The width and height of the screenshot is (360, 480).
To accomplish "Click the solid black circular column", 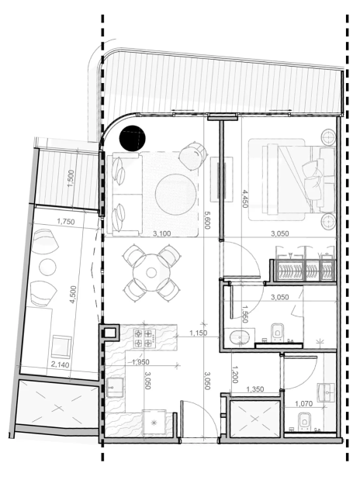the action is tap(133, 138).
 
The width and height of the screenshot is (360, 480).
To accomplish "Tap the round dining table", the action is tap(151, 272).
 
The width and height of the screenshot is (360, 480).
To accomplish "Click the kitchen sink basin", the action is tap(115, 387).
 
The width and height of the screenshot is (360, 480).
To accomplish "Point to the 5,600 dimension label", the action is tap(207, 220).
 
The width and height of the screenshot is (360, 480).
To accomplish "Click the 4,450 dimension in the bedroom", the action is tap(245, 199).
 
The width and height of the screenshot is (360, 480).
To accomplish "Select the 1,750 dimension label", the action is tap(66, 221).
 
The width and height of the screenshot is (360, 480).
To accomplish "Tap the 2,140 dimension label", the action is tap(61, 364).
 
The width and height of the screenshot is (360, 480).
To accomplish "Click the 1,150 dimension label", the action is tap(198, 333).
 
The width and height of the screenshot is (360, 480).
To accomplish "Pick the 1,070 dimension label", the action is tap(303, 404).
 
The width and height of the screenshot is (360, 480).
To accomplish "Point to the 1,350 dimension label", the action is tap(255, 389).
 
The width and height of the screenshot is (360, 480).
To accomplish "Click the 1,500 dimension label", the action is tap(71, 179).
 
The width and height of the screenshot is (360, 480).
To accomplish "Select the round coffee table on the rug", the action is tap(175, 195).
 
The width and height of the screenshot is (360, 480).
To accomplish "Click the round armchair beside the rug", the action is tap(192, 156).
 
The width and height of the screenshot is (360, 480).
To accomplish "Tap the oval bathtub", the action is tap(240, 337).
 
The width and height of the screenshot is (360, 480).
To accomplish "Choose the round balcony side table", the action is tap(48, 267).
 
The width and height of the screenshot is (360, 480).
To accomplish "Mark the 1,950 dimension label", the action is tap(140, 362).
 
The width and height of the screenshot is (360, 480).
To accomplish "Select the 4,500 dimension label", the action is tap(73, 295).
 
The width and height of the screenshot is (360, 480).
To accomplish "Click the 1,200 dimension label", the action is tap(235, 375).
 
